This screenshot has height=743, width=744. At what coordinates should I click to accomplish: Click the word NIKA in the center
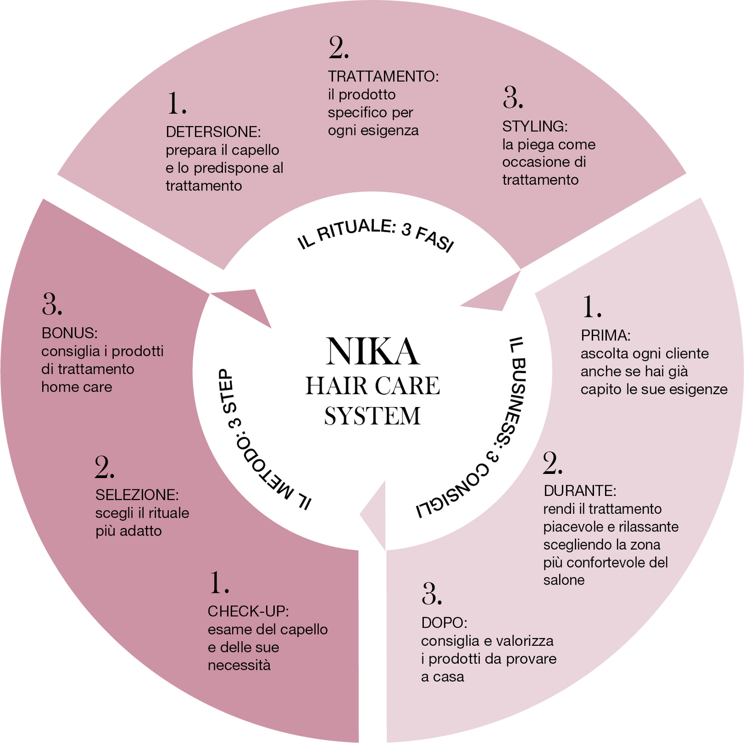[x=372, y=352]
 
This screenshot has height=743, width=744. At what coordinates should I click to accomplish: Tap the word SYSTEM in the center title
[x=372, y=416]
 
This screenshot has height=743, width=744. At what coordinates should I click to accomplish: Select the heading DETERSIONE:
[x=213, y=132]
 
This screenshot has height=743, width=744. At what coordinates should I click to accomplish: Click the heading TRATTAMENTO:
[x=383, y=77]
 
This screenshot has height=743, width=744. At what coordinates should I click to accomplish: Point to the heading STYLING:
[x=534, y=127]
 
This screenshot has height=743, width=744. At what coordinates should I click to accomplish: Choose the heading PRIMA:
[x=605, y=335]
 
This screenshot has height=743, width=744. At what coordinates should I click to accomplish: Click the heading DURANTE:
[x=580, y=491]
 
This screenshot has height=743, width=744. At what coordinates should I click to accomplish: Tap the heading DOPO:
[x=444, y=623]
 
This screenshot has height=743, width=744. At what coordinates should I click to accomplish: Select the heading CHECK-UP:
[x=248, y=611]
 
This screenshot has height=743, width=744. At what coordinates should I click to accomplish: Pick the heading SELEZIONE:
[x=137, y=495]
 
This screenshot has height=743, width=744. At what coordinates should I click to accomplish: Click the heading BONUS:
[x=70, y=333]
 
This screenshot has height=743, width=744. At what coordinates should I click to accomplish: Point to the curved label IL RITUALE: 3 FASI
[x=376, y=234]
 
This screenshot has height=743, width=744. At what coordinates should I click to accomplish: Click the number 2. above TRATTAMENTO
[x=339, y=48]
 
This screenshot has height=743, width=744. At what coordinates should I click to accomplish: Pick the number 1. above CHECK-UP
[x=219, y=583]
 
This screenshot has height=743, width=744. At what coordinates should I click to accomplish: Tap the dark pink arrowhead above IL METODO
[x=245, y=304]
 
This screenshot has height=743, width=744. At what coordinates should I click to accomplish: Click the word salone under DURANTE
[x=564, y=580]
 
